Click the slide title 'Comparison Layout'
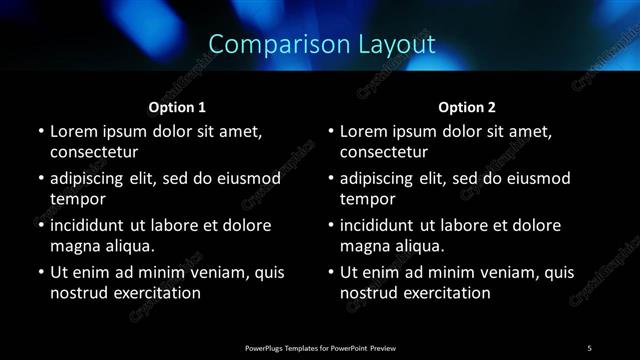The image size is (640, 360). (x=322, y=44)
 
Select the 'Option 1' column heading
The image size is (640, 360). (x=177, y=107)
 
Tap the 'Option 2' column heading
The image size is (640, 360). (x=467, y=107)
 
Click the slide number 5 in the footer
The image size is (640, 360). (x=589, y=347)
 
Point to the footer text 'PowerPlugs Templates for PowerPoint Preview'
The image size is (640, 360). (x=320, y=347)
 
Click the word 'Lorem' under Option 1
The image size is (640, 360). (x=73, y=131)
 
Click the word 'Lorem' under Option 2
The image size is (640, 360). (x=363, y=131)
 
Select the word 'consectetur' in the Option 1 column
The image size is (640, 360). (x=94, y=153)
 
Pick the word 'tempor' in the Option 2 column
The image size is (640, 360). (x=367, y=200)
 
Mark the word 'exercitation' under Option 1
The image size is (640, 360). (x=156, y=293)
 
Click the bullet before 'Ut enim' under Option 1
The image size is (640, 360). (x=40, y=272)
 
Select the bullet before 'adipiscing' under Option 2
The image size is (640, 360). (x=330, y=179)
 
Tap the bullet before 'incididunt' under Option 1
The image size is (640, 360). (x=40, y=225)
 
